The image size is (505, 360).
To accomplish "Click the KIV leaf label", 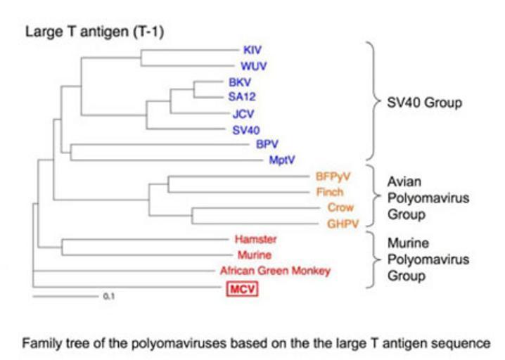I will point(251,50).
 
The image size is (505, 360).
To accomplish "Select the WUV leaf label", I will point(252,67).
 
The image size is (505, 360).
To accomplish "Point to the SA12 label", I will point(241,97).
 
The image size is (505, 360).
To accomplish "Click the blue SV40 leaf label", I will point(246,129).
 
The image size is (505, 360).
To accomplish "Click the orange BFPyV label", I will point(330,177).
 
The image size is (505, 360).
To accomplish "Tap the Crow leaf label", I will point(340,207).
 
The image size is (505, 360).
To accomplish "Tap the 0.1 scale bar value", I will point(108,297).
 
